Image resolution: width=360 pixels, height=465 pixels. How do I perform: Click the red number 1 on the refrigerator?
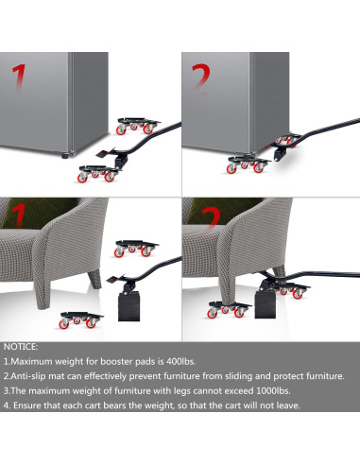20,77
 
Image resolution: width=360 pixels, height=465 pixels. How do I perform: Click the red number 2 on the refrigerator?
200,78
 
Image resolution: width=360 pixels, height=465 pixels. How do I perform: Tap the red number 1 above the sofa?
19,215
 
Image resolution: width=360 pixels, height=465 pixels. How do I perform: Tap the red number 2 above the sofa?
212,218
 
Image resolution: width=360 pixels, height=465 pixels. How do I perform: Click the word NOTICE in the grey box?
21,347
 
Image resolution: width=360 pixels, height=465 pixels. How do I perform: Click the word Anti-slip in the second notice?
28,376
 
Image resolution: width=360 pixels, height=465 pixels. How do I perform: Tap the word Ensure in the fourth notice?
26,405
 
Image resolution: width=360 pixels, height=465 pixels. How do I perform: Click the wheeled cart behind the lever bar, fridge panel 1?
138,126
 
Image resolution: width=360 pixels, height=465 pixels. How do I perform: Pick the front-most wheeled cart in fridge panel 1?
98,173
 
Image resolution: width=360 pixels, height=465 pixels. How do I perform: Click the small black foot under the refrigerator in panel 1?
65,155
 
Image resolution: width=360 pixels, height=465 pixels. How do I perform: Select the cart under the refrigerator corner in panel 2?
248,164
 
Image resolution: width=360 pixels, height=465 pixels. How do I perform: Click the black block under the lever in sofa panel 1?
129,306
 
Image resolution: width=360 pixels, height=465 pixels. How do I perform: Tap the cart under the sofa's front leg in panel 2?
229,309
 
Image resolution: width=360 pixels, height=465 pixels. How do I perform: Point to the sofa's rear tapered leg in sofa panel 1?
94,279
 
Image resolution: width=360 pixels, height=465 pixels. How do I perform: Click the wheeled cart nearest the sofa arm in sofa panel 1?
136,249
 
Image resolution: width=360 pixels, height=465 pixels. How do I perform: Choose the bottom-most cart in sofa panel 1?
80,320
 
